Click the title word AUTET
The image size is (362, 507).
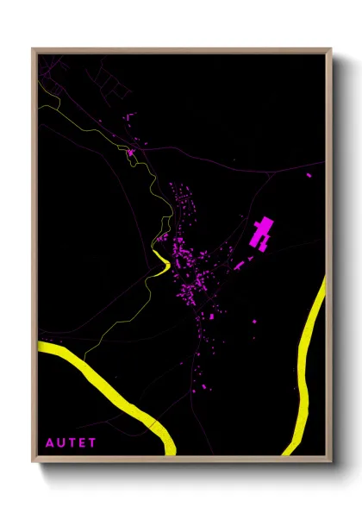[72, 443]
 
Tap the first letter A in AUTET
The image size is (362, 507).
[49, 443]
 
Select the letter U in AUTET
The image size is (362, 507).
[60, 443]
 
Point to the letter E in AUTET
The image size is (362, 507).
[83, 443]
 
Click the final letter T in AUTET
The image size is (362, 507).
[93, 443]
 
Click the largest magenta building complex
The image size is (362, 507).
[261, 234]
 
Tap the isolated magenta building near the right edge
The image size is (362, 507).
[309, 176]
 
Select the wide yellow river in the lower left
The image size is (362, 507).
[112, 388]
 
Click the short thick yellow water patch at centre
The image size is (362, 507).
[159, 262]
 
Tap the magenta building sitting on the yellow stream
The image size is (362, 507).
[131, 153]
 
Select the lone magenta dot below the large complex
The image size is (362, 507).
[254, 321]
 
